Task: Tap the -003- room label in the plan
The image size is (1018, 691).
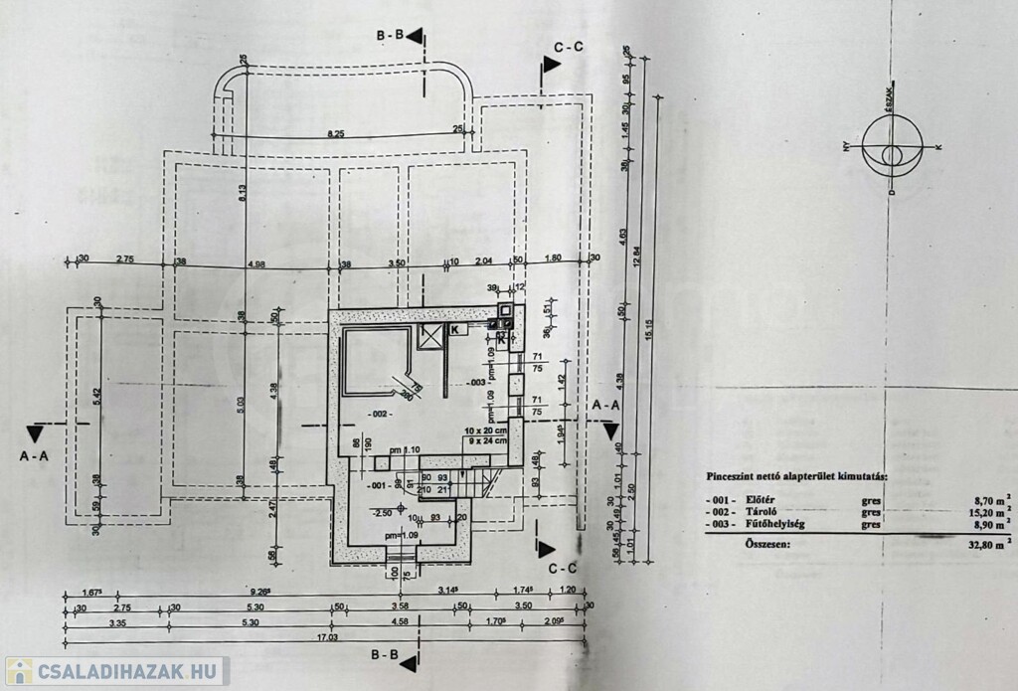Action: [476, 382]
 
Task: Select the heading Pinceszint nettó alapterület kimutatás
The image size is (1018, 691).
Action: [797, 475]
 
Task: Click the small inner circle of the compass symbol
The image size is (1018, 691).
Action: [892, 154]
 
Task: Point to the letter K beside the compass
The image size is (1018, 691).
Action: [938, 147]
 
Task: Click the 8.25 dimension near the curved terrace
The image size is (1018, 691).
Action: [341, 132]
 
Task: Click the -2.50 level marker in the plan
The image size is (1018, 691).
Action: [381, 513]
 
